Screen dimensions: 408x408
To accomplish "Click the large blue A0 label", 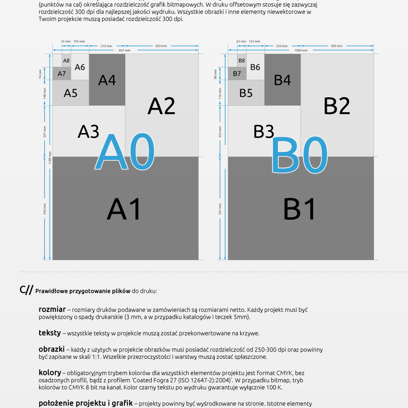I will tap(125, 152).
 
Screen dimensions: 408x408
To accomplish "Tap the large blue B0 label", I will tap(300, 155).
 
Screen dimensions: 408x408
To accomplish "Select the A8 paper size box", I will tap(66, 60).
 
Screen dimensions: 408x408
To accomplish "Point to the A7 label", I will tap(62, 74).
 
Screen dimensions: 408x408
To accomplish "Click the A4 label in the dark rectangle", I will tap(107, 80).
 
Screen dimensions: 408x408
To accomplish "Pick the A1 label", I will tap(124, 209).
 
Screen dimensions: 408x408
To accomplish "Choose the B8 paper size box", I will tap(241, 60).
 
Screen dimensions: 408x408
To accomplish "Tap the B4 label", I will tap(282, 80).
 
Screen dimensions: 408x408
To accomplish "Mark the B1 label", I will tap(300, 209).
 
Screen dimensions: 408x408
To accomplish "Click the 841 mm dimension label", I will tap(125, 51).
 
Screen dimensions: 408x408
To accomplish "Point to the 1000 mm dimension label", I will tap(300, 51).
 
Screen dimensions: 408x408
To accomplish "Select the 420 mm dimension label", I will tap(161, 46).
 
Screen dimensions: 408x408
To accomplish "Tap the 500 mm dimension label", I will tap(336, 46).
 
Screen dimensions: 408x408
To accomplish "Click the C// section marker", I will tap(26, 290).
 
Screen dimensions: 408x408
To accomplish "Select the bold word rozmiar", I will tap(52, 309).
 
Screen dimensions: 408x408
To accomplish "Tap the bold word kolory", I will tap(50, 372).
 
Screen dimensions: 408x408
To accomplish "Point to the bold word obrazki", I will tap(51, 349).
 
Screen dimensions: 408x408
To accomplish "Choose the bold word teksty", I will tap(50, 332).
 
